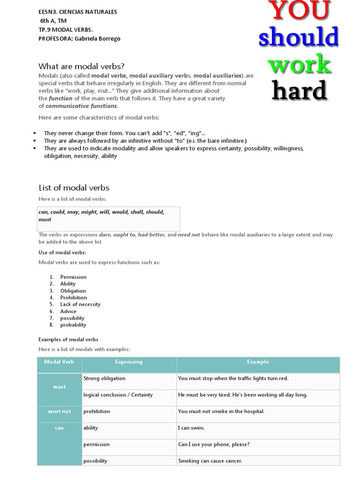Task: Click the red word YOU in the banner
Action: tap(299, 10)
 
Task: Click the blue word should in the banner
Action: tap(299, 37)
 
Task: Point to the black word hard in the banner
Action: tap(299, 90)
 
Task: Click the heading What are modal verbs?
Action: tap(82, 66)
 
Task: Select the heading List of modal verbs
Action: tap(74, 187)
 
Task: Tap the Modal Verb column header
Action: tap(60, 362)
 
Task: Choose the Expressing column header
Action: tap(128, 362)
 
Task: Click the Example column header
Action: tap(258, 362)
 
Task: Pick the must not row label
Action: tap(60, 412)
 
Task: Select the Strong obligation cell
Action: tap(104, 378)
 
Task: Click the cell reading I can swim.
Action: tap(191, 428)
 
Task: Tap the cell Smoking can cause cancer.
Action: tap(210, 461)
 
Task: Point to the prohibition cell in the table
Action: tap(97, 412)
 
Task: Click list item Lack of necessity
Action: tap(80, 304)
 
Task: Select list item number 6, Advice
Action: tap(68, 311)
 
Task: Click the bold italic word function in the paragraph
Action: tap(61, 98)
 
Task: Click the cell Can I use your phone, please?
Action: tap(213, 444)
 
